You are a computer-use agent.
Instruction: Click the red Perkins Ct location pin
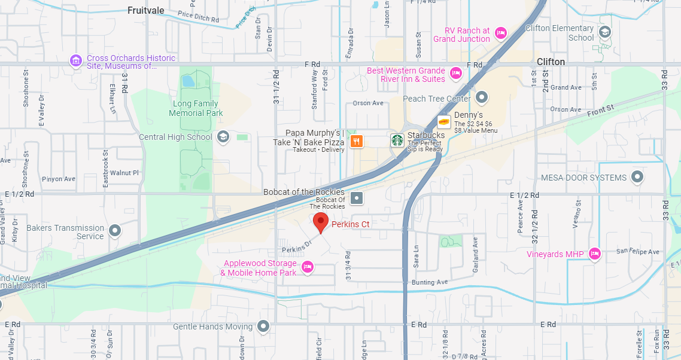[x=321, y=222]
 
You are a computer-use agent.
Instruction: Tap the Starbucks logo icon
[x=397, y=141]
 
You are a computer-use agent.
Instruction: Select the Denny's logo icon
[x=444, y=121]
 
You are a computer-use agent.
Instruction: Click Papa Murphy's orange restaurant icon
[x=357, y=141]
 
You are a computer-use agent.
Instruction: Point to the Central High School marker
[x=223, y=137]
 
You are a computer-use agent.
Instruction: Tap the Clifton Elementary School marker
[x=605, y=32]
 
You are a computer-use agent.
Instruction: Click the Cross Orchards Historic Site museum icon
[x=76, y=61]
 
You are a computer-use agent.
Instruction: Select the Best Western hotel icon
[x=456, y=74]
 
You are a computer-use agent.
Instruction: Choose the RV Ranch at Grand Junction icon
[x=501, y=33]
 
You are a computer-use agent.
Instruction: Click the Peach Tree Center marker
[x=482, y=98]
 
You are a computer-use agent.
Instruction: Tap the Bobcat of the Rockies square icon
[x=357, y=198]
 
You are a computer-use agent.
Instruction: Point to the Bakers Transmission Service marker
[x=115, y=231]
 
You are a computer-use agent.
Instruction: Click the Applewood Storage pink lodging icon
[x=308, y=267]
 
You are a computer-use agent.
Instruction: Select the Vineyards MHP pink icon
[x=595, y=254]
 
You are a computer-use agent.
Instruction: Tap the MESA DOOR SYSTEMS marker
[x=638, y=177]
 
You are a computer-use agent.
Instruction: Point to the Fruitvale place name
[x=146, y=10]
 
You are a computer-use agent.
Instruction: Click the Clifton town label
[x=551, y=62]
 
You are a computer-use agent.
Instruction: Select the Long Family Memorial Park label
[x=196, y=108]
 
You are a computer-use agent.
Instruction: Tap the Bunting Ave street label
[x=430, y=282]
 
